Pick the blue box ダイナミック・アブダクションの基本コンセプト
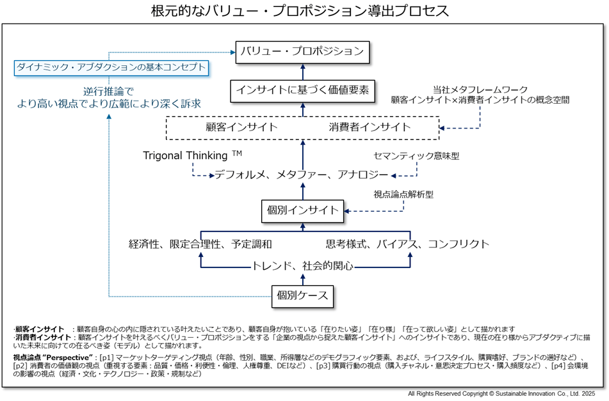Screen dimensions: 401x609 click(112, 67)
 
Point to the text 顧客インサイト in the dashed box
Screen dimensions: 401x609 click(241, 127)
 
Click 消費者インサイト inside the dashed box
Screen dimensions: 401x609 click(370, 127)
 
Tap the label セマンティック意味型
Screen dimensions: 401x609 click(416, 155)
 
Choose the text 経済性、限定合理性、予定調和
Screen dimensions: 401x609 click(200, 244)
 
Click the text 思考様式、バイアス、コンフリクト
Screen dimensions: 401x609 click(407, 244)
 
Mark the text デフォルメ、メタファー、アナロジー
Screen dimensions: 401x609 click(301, 175)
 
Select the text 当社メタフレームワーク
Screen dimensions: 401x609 click(480, 90)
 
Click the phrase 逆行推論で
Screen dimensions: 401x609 click(108, 91)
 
